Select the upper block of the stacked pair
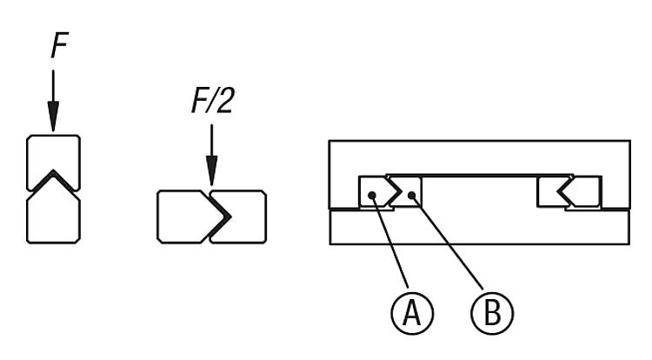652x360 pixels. click(x=54, y=153)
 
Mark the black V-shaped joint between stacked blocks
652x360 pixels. click(x=54, y=180)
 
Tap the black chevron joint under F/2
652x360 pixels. click(x=219, y=215)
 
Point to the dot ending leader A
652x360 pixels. click(x=372, y=197)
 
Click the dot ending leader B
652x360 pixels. click(x=413, y=197)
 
